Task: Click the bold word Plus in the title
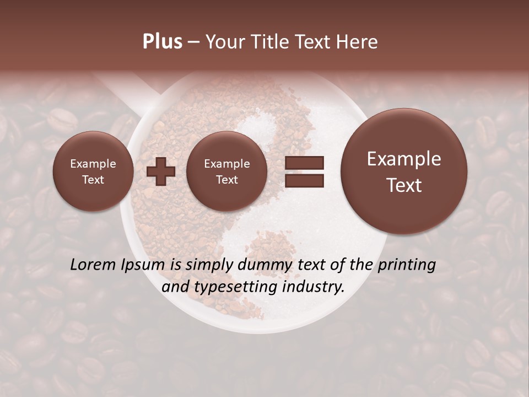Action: point(162,42)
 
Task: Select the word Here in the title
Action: point(358,42)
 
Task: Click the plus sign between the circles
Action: point(160,171)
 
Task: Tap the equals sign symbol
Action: point(304,171)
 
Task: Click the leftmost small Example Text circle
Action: point(93,171)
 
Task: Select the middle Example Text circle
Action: point(226,171)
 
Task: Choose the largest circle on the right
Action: point(404,171)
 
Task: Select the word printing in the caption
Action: point(406,265)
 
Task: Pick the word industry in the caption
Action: point(313,287)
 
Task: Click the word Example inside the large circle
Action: point(404,159)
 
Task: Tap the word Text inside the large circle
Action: point(404,185)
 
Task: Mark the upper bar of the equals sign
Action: point(304,163)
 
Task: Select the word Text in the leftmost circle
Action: point(93,180)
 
